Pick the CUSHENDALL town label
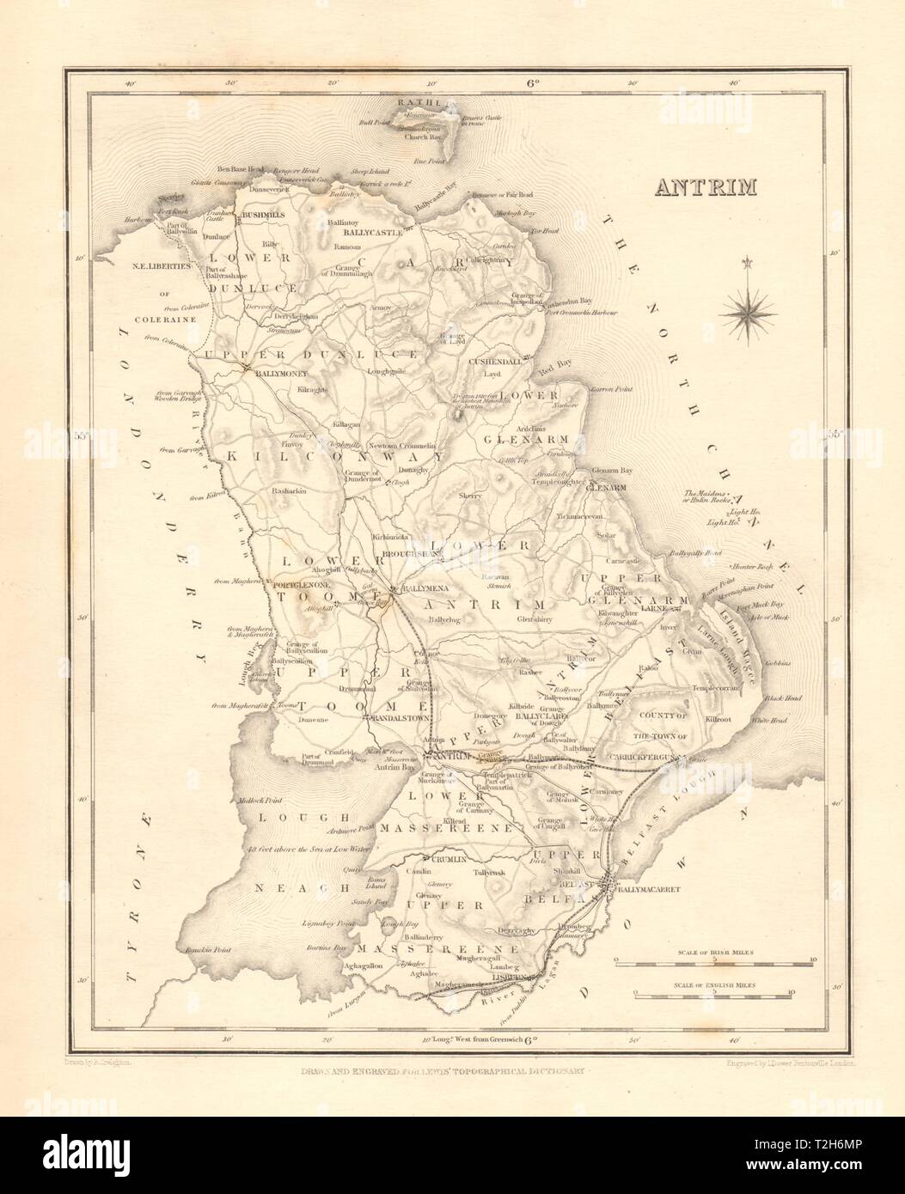496,362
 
